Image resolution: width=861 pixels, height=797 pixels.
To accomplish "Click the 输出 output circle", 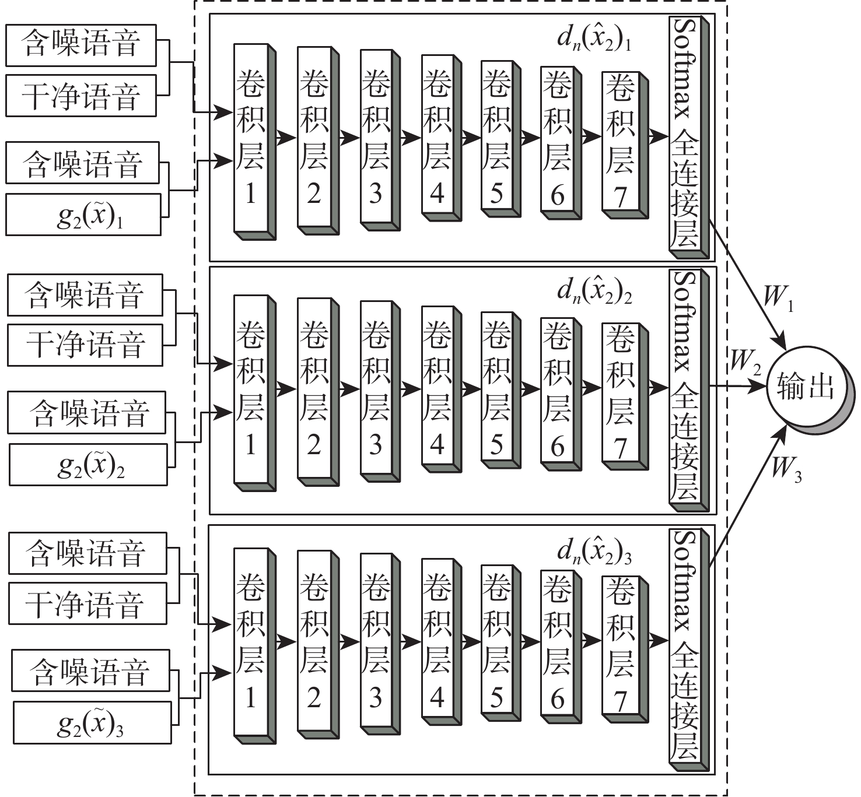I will click(x=806, y=387).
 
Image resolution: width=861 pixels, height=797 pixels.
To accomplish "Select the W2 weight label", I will click(x=745, y=361).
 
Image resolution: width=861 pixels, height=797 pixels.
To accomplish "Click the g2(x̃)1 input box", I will click(x=83, y=215).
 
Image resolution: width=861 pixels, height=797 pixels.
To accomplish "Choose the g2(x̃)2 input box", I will click(x=88, y=465).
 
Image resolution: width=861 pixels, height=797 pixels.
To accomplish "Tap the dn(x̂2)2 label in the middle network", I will click(x=594, y=290).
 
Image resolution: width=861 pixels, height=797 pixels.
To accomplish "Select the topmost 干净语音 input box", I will click(x=81, y=96).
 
